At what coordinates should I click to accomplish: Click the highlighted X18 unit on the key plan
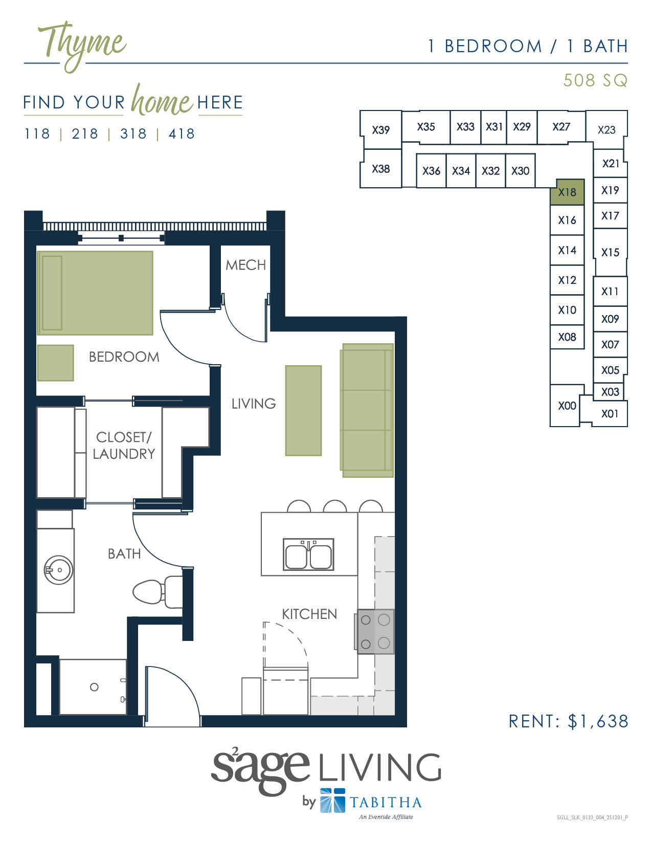coord(567,192)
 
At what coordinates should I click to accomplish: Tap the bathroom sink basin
coord(58,570)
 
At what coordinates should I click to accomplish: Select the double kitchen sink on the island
coord(308,554)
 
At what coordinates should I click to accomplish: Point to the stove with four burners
coord(375,631)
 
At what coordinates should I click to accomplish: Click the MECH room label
coord(245,265)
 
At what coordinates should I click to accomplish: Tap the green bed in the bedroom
coord(95,293)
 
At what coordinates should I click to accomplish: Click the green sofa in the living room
coord(367,410)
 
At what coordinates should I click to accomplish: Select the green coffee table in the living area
coord(303,410)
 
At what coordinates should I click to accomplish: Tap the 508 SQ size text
coord(595,80)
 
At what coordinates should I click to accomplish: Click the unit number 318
coord(133,134)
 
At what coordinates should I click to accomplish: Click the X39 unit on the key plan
coord(380,130)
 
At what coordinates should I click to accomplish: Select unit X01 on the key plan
coord(610,414)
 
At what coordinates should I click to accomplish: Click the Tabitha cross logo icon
coord(332,801)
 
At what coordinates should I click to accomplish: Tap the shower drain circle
coord(94,687)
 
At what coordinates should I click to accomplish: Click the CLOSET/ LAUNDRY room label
coord(124,446)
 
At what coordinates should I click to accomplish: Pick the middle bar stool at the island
coord(335,506)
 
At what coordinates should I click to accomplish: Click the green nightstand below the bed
coord(55,363)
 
